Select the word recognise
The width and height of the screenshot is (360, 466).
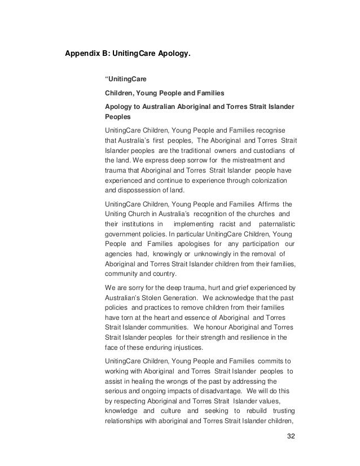pos(270,130)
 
